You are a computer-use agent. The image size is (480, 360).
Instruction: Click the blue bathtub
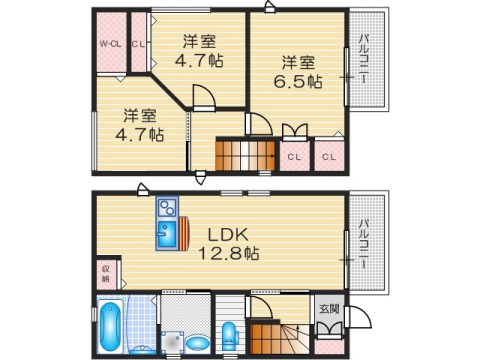110,327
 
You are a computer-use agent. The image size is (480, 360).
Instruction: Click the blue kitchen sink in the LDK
166,235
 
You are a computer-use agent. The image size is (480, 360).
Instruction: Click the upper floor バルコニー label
363,60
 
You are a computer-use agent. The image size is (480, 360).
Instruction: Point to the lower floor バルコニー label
365,240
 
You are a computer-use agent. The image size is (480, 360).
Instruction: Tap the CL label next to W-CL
138,44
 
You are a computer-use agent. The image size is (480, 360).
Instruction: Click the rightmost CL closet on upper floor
329,156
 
